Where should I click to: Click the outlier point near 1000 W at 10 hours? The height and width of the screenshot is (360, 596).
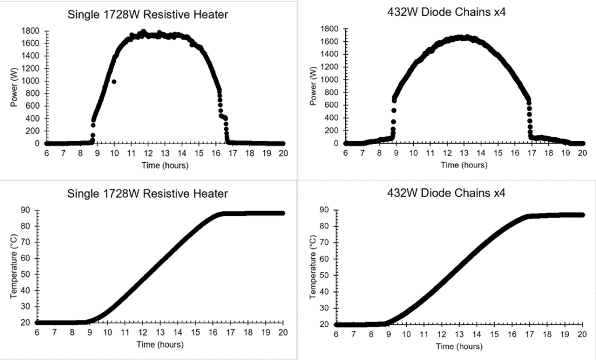(x=114, y=81)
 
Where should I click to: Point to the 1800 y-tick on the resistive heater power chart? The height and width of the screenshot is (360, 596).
(x=30, y=31)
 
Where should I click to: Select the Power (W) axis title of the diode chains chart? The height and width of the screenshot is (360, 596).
(x=314, y=86)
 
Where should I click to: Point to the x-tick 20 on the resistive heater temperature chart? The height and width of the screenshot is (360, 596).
(x=283, y=333)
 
